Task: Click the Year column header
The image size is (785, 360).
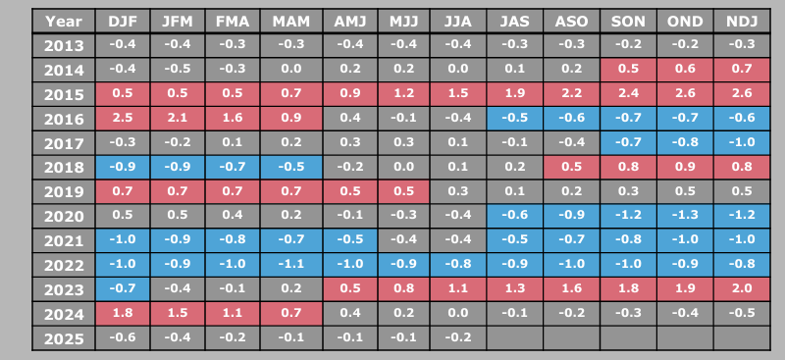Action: click(x=64, y=21)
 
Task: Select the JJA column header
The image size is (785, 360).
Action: click(x=457, y=21)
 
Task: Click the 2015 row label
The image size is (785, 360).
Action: click(x=64, y=94)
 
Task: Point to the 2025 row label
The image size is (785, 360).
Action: click(x=64, y=338)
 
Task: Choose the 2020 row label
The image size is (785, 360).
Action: click(x=64, y=216)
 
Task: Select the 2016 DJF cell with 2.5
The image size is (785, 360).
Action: click(x=123, y=119)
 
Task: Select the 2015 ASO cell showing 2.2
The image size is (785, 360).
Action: click(x=569, y=94)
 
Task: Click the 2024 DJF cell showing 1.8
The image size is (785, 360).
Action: click(x=123, y=314)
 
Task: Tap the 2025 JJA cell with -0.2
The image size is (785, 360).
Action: click(x=457, y=338)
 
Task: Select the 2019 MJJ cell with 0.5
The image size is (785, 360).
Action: click(x=402, y=191)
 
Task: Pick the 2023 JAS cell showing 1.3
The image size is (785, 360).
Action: click(x=513, y=289)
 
